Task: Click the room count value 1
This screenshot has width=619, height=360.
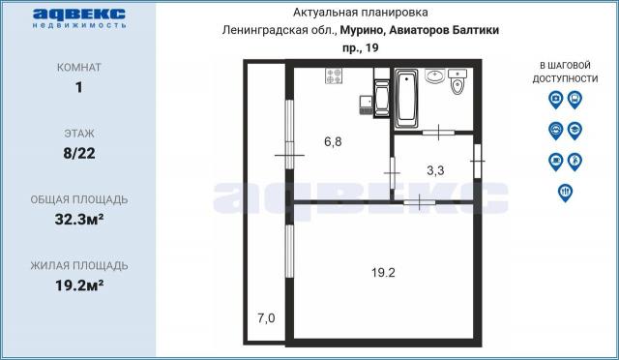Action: tap(77, 87)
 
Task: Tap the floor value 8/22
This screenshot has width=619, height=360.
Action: tap(77, 152)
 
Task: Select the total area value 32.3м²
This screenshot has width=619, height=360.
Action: tap(77, 218)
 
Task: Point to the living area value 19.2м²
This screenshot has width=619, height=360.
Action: tap(77, 285)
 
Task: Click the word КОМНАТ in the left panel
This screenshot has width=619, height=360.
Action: tap(77, 68)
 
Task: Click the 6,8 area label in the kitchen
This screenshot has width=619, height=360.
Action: tap(333, 141)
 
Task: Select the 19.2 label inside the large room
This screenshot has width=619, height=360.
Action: tap(384, 272)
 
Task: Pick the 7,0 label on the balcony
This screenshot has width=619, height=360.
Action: tap(265, 317)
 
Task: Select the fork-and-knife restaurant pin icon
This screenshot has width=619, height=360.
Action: tap(565, 193)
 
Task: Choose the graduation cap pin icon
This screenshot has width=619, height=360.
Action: tap(575, 130)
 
